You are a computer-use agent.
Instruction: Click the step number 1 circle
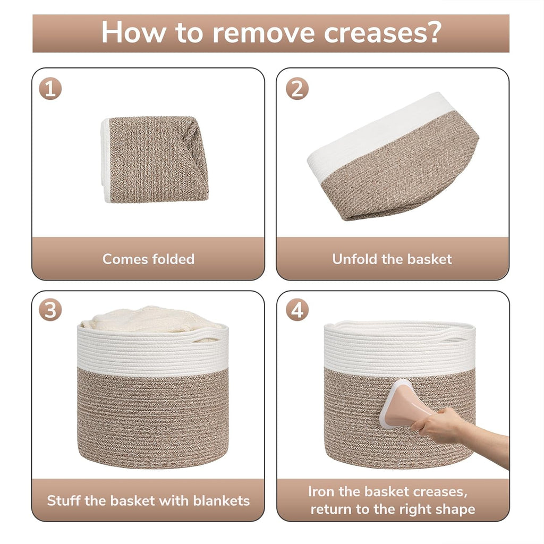pyautogui.click(x=50, y=89)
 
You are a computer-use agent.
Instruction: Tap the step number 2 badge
pyautogui.click(x=297, y=89)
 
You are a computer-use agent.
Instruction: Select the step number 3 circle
pyautogui.click(x=50, y=310)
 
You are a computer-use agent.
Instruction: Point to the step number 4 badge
pyautogui.click(x=297, y=310)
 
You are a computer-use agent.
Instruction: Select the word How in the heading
pyautogui.click(x=133, y=32)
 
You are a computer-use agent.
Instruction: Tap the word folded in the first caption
pyautogui.click(x=173, y=259)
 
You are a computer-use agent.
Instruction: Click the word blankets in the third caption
pyautogui.click(x=221, y=500)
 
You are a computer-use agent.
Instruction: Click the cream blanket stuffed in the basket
pyautogui.click(x=149, y=319)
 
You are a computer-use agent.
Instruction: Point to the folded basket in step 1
pyautogui.click(x=155, y=159)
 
